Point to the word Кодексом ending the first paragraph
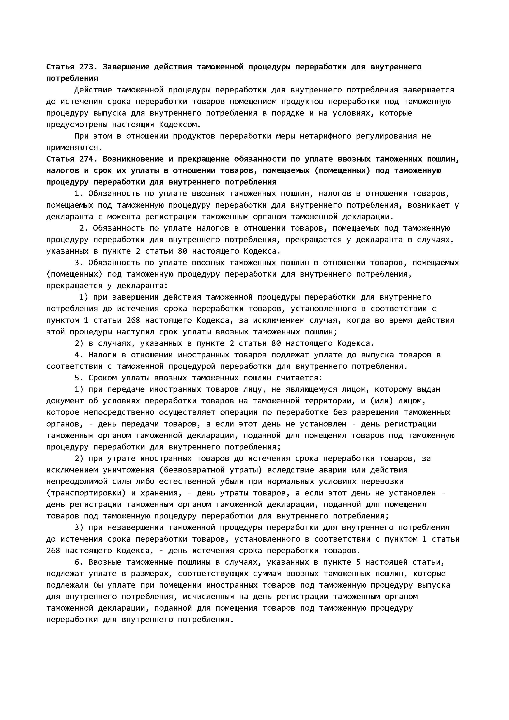pos(180,125)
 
